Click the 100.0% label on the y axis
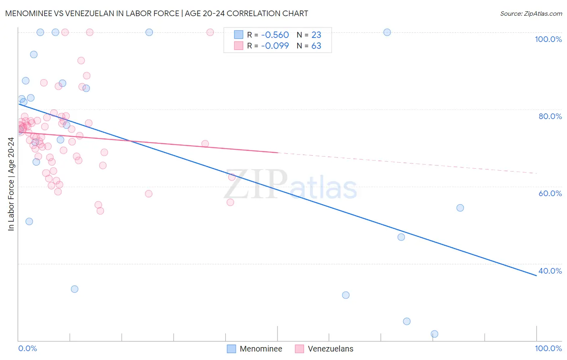click(548, 39)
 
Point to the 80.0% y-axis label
click(550, 116)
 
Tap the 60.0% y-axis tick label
click(550, 193)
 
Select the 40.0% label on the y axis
click(550, 271)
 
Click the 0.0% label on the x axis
click(27, 348)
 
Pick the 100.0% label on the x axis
click(548, 348)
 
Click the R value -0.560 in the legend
click(275, 35)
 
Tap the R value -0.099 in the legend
click(275, 46)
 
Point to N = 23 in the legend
click(309, 35)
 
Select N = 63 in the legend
click(309, 46)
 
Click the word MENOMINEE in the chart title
click(29, 13)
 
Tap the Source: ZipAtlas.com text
click(531, 14)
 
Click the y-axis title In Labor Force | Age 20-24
click(11, 184)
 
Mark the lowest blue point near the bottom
click(434, 334)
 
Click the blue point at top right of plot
click(387, 32)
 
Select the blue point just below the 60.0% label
click(460, 208)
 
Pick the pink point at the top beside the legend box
click(210, 32)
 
